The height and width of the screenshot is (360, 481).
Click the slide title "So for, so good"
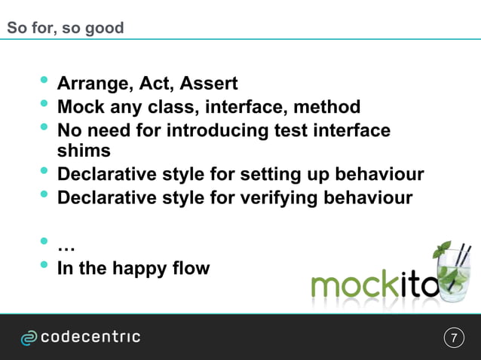tap(65, 29)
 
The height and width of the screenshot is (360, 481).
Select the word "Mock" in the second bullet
tap(81, 107)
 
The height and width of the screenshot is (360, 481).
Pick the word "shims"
tap(84, 151)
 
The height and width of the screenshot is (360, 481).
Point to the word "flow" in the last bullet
tap(191, 267)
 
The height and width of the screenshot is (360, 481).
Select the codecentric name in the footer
tap(90, 337)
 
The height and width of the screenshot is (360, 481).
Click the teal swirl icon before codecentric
tap(29, 338)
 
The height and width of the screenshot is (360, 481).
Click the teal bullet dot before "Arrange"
tap(44, 81)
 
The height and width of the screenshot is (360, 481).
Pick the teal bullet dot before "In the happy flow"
tap(44, 264)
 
